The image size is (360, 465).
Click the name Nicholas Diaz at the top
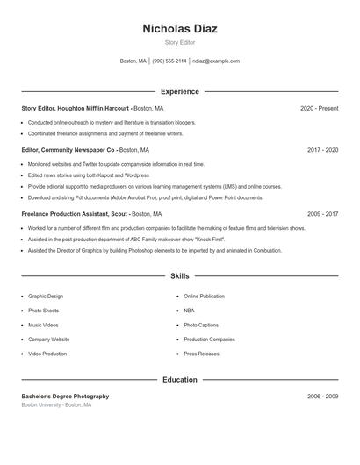(179, 28)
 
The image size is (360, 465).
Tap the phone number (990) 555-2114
(169, 61)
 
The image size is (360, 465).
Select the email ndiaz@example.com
(215, 61)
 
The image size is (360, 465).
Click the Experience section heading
(179, 91)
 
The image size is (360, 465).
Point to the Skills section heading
(179, 276)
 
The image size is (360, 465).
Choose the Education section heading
(179, 380)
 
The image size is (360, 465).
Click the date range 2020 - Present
(319, 108)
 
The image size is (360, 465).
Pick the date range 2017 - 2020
(322, 150)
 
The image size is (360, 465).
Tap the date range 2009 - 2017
(322, 213)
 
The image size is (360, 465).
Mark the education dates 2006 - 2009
(322, 397)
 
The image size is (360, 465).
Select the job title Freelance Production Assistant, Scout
(75, 213)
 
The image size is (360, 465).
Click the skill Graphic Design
(46, 297)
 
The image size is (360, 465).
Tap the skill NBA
(190, 311)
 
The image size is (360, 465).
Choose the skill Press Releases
(202, 354)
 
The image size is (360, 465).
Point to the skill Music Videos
(44, 325)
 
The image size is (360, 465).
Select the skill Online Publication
(204, 297)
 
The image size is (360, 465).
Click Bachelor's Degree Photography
(66, 397)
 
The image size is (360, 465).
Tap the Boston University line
(56, 405)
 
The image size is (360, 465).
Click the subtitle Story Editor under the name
(179, 42)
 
